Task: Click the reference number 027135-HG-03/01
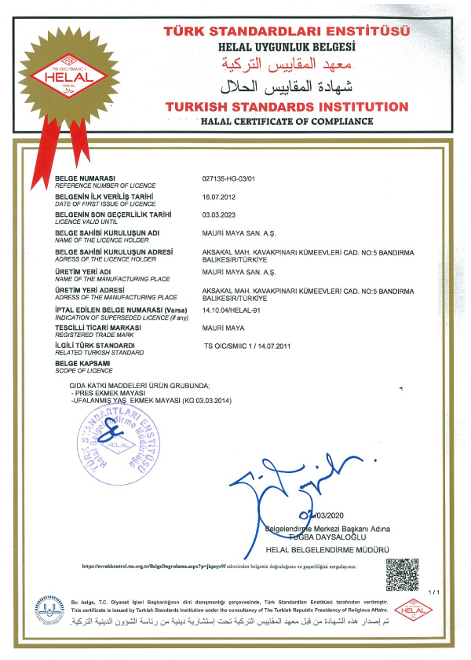click(231, 179)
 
